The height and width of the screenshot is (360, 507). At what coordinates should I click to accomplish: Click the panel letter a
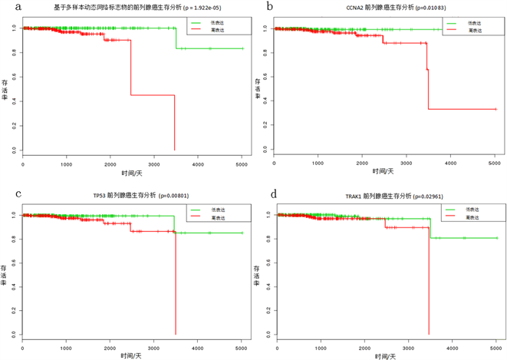click(5, 6)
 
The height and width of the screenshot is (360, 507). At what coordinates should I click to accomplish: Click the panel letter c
click(5, 193)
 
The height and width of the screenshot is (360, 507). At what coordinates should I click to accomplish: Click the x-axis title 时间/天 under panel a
click(132, 173)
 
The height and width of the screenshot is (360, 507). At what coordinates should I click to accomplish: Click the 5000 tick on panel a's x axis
click(242, 163)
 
